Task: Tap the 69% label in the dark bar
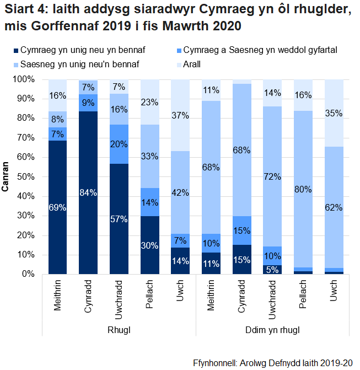pyautogui.click(x=58, y=207)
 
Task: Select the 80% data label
pyautogui.click(x=303, y=189)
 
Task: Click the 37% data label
pyautogui.click(x=180, y=115)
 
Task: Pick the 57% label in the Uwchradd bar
pyautogui.click(x=119, y=219)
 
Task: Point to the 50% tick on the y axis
pyautogui.click(x=28, y=177)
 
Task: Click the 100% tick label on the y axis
pyautogui.click(x=26, y=79)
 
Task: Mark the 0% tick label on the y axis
pyautogui.click(x=30, y=274)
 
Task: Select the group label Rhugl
pyautogui.click(x=119, y=330)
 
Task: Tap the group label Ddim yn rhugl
pyautogui.click(x=273, y=330)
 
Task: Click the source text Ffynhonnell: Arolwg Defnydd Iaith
pyautogui.click(x=273, y=363)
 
